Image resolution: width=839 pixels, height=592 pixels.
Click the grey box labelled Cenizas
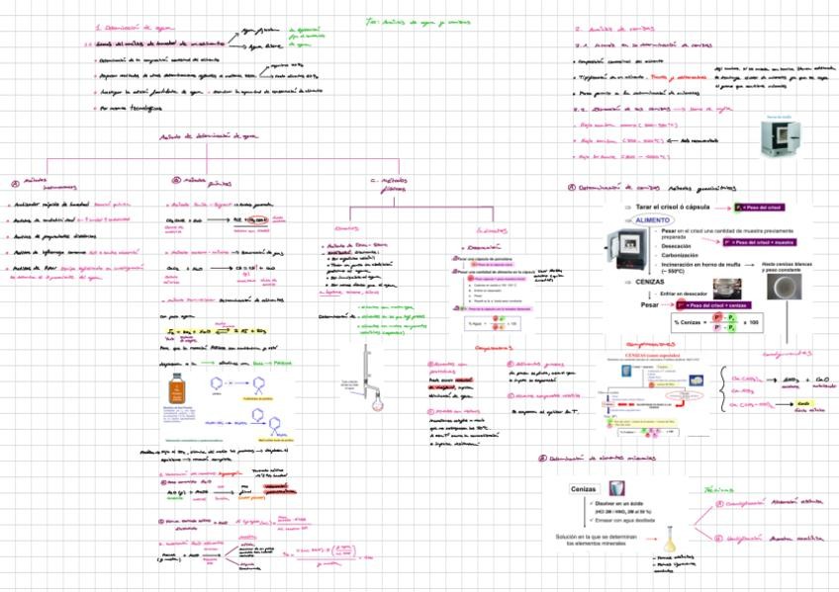click(585, 489)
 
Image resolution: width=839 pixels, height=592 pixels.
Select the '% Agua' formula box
click(484, 323)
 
